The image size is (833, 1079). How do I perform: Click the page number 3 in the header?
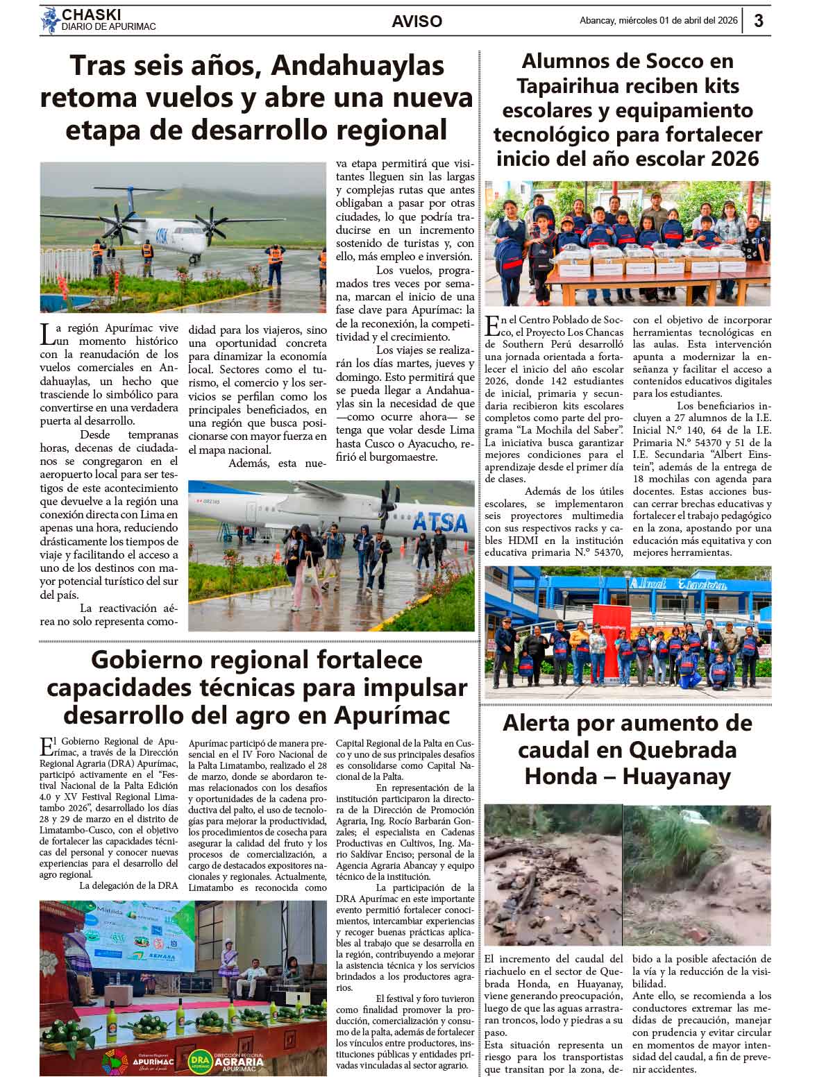click(x=759, y=21)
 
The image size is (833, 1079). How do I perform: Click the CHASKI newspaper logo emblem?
click(x=50, y=20)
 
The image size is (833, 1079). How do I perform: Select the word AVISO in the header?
click(x=416, y=22)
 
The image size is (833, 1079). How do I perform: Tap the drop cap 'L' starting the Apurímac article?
click(x=47, y=335)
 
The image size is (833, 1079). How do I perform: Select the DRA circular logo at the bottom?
click(x=199, y=1060)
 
